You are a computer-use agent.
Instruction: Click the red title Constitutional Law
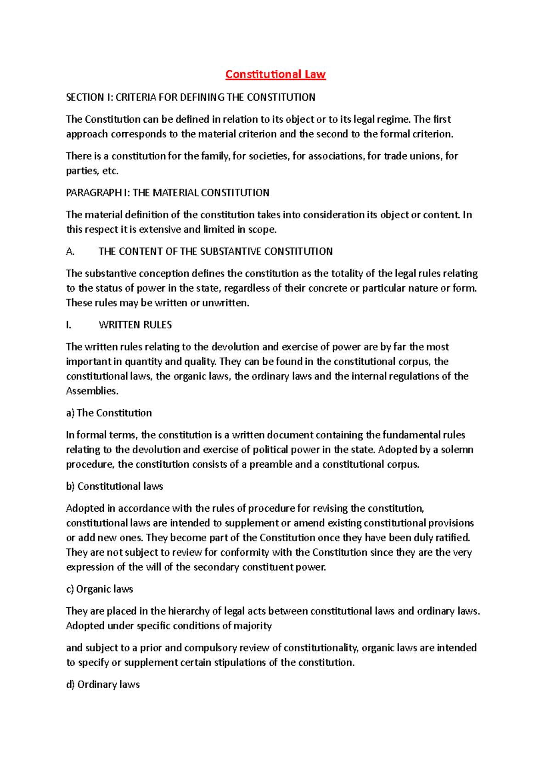[x=275, y=74]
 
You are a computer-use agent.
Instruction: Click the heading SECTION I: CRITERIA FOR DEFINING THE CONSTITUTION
[x=191, y=97]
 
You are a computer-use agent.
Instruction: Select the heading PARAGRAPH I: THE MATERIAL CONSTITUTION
[x=168, y=193]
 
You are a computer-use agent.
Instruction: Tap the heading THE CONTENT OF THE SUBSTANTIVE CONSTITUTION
[x=215, y=252]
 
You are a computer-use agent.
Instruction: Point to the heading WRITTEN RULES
[x=135, y=325]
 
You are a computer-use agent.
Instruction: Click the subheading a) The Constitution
[x=109, y=413]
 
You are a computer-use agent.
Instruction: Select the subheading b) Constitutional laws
[x=114, y=486]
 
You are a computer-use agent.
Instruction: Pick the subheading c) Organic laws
[x=100, y=589]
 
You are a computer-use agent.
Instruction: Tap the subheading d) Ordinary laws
[x=103, y=685]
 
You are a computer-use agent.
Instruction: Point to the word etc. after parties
[x=110, y=171]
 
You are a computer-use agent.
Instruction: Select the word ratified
[x=452, y=538]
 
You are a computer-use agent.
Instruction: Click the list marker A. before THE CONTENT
[x=70, y=252]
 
